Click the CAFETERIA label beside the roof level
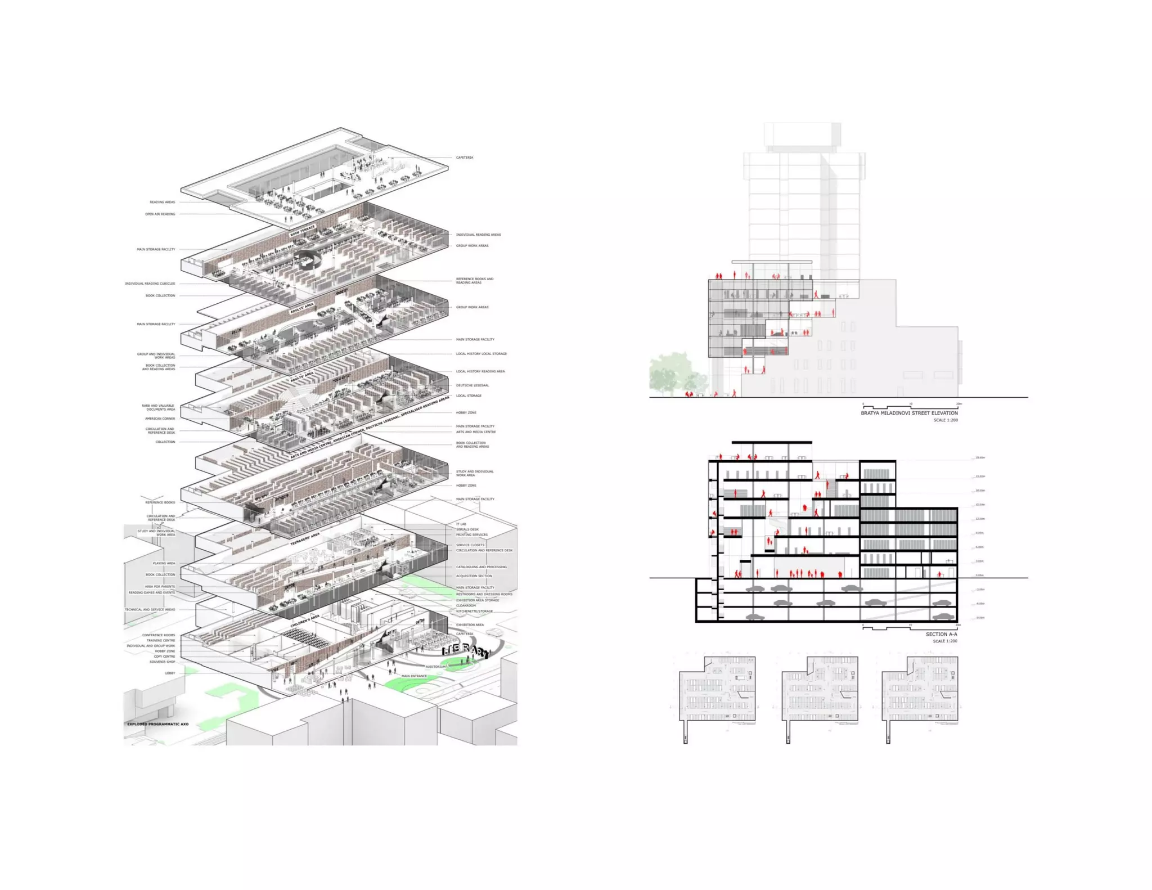(464, 158)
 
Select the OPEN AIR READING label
(160, 214)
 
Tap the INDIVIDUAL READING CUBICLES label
(150, 284)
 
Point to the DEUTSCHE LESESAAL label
(472, 385)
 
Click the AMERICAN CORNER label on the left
(160, 419)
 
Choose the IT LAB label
(461, 524)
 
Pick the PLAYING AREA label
(164, 563)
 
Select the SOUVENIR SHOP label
(162, 662)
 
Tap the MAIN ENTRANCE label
(414, 676)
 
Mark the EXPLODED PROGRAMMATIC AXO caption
(157, 724)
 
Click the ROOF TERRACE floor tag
(303, 231)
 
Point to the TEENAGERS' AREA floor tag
(305, 539)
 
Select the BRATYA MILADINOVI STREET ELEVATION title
(909, 413)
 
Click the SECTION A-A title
(941, 634)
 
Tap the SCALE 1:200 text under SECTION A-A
(945, 641)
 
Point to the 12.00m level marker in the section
(980, 519)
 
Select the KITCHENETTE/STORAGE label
(474, 611)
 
